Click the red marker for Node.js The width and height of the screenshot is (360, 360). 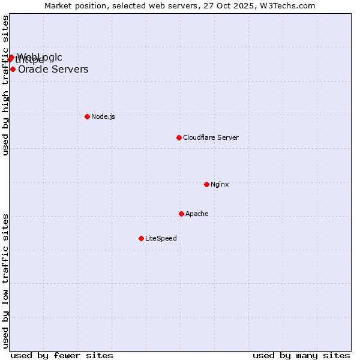click(87, 116)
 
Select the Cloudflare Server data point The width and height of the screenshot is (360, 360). click(179, 137)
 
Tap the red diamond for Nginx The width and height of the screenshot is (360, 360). click(206, 184)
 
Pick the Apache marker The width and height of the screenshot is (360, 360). click(181, 214)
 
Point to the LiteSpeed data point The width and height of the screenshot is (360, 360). click(141, 238)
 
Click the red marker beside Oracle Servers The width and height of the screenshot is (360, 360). click(13, 69)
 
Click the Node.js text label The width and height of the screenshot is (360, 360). click(103, 116)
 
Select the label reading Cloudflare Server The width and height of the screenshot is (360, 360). click(211, 137)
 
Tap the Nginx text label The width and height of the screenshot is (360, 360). click(220, 184)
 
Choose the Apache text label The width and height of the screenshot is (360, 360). click(197, 214)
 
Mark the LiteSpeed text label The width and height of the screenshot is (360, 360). click(161, 238)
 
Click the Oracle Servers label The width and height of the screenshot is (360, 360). click(53, 69)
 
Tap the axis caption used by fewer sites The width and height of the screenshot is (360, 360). click(62, 355)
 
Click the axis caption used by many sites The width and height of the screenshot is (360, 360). click(301, 355)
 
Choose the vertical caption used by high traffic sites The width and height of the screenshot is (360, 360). click(6, 85)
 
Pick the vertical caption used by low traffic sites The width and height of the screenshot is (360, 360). click(6, 280)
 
